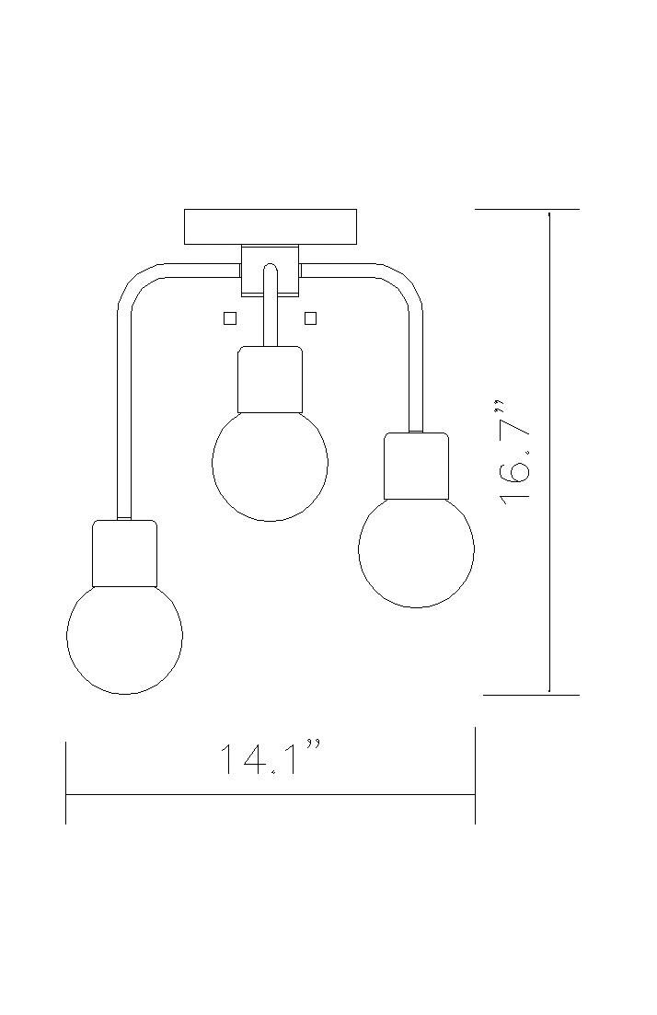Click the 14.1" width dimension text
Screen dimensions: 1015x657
270,760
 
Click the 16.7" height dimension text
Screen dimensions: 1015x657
516,451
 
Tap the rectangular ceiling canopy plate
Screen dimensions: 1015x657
270,226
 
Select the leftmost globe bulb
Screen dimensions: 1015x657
125,636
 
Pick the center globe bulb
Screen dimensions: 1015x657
270,465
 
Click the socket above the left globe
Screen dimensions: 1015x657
125,553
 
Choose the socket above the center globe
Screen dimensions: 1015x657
270,379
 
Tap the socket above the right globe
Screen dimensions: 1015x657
416,466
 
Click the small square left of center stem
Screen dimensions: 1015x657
230,318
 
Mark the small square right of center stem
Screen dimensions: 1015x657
310,318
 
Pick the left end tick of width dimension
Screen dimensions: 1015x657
66,782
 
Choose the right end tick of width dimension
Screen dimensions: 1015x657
475,782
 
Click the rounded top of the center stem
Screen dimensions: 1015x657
270,269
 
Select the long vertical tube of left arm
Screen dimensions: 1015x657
124,414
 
